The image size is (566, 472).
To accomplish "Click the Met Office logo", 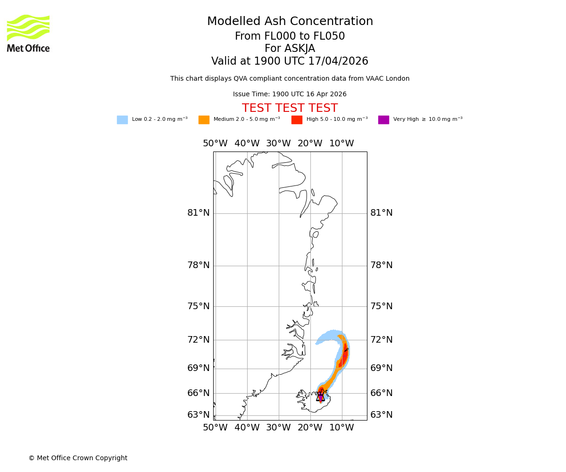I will [x=28, y=33].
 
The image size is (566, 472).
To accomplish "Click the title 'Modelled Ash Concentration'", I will [x=290, y=22].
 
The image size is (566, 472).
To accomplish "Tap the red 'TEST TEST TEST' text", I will [x=290, y=109].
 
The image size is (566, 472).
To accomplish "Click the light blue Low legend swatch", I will [x=122, y=120].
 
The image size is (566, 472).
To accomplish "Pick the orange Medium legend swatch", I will [x=204, y=120].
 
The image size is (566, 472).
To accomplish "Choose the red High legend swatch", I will [x=297, y=120].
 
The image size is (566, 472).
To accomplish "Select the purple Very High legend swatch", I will [x=383, y=120].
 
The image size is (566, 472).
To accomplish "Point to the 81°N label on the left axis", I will [x=198, y=213].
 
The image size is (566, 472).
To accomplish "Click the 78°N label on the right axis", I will [x=381, y=265].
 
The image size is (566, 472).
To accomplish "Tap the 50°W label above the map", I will [x=215, y=143].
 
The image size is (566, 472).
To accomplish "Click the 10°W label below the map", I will [x=341, y=428].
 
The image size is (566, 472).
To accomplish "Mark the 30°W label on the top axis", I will [x=278, y=143].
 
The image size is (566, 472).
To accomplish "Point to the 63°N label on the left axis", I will [x=198, y=415].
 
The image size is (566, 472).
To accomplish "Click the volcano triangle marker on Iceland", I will [x=321, y=397].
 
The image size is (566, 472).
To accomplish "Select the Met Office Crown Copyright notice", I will [x=78, y=458].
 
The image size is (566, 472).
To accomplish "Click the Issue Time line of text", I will [x=290, y=94].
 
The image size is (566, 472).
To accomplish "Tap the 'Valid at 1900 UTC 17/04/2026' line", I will [x=290, y=61].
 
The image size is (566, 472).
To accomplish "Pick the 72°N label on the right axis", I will [x=381, y=340].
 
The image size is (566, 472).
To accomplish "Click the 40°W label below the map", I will [x=247, y=428].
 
